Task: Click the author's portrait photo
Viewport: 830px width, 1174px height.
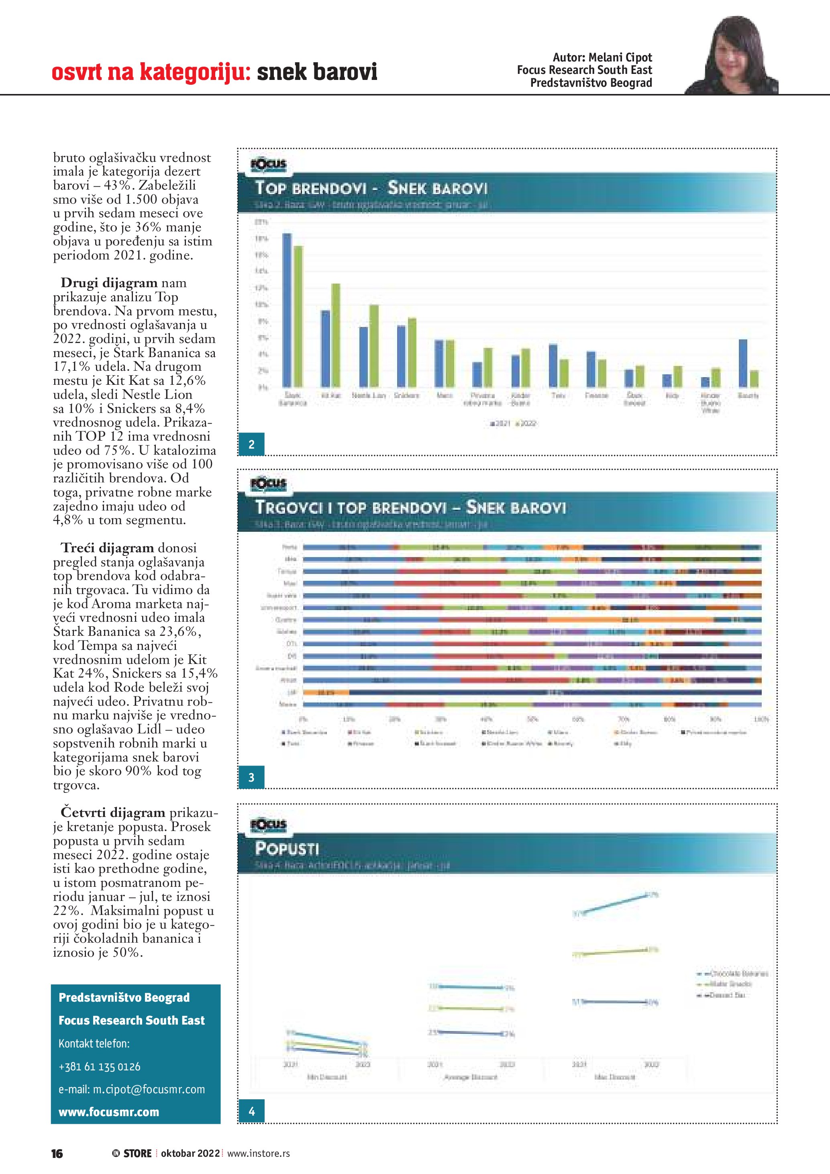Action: click(x=732, y=56)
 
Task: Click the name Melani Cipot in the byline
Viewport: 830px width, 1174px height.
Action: click(x=620, y=57)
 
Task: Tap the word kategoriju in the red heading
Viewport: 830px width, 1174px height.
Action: click(x=195, y=72)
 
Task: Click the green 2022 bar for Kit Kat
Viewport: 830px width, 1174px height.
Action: click(x=336, y=335)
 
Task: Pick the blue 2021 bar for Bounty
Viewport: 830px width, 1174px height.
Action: click(x=743, y=363)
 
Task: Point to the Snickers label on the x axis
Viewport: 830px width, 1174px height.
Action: click(x=406, y=395)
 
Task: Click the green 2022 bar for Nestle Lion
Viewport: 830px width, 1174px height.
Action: click(x=374, y=346)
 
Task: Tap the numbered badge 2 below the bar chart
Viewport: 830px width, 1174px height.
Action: click(x=251, y=444)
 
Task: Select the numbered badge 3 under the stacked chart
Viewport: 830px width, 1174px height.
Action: click(x=251, y=777)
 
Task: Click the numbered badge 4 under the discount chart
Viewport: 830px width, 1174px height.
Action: click(x=251, y=1111)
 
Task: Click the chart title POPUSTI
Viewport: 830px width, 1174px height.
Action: click(x=287, y=849)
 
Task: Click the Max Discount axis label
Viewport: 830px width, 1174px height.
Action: click(x=615, y=1077)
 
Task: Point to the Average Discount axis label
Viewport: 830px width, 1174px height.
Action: click(x=470, y=1077)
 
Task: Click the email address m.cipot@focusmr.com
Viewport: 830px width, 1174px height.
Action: click(x=132, y=1089)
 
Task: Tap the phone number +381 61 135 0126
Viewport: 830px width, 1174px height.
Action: click(x=99, y=1067)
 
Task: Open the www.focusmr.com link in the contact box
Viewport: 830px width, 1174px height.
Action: click(x=109, y=1112)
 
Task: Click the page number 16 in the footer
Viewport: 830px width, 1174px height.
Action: click(x=57, y=1154)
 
